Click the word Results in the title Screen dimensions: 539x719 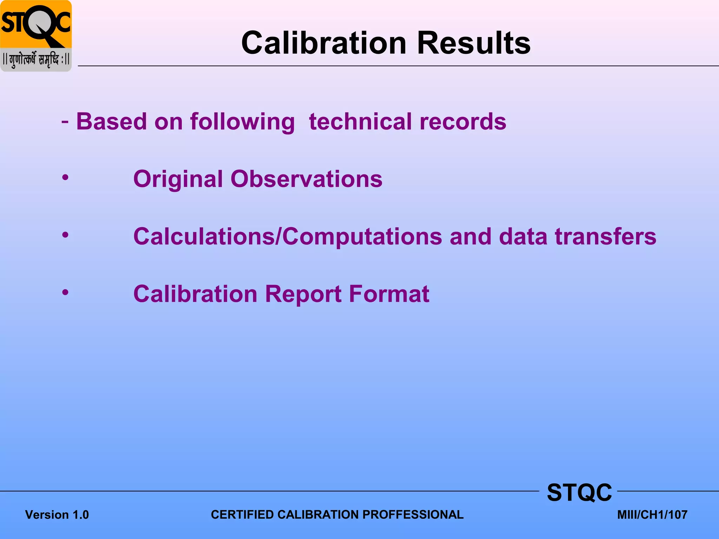[x=474, y=43]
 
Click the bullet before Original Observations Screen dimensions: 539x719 [x=65, y=178]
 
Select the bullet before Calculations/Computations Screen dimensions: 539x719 [x=65, y=235]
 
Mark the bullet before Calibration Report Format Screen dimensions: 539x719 [x=65, y=292]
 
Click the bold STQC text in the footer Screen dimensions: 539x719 [x=579, y=492]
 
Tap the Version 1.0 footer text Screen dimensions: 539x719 [x=57, y=515]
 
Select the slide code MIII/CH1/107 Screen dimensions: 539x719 [x=652, y=515]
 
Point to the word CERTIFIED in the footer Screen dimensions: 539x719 [x=242, y=514]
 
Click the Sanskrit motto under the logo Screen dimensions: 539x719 [x=36, y=60]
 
